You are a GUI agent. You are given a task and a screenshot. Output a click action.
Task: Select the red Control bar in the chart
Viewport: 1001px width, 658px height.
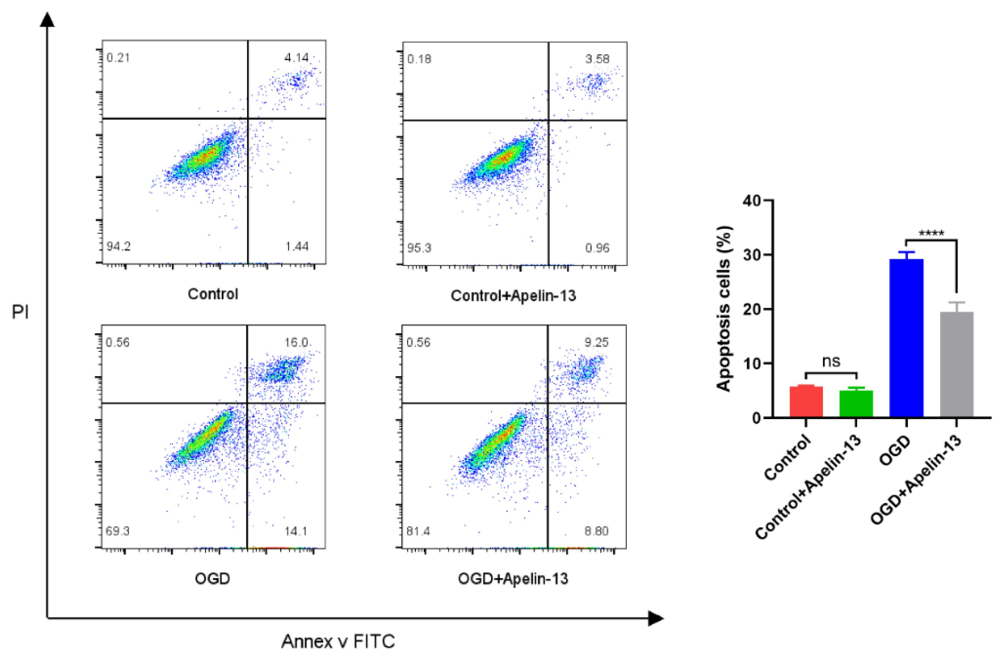(806, 401)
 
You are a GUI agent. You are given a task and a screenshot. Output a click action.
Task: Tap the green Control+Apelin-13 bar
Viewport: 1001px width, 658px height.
(856, 404)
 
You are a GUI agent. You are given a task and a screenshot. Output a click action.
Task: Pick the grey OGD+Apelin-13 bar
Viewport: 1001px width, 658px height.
(956, 364)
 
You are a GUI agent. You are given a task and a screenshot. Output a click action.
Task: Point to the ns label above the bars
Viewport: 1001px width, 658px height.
(831, 361)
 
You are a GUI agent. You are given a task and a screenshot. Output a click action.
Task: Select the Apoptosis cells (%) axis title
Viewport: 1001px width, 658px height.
(724, 309)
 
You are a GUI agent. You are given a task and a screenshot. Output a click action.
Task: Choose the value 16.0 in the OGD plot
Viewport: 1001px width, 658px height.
(296, 343)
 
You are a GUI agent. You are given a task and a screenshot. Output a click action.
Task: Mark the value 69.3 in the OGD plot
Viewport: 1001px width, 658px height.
(118, 531)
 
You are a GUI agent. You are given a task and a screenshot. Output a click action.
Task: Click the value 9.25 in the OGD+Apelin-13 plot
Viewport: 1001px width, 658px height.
(596, 343)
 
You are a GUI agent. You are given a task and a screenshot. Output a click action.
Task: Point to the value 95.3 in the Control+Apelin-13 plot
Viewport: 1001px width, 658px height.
(419, 248)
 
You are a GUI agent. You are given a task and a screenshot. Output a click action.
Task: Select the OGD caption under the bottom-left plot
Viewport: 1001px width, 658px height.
(213, 579)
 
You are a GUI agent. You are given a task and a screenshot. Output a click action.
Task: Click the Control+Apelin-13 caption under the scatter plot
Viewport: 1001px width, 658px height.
(513, 296)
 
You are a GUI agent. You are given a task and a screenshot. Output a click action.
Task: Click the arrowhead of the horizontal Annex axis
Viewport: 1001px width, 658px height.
(656, 618)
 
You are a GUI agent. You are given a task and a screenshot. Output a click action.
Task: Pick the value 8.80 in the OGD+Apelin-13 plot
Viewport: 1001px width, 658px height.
(596, 531)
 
